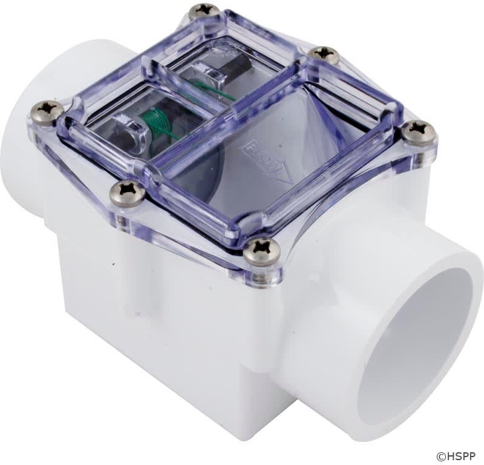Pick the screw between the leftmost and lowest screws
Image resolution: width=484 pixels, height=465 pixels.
point(128,193)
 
